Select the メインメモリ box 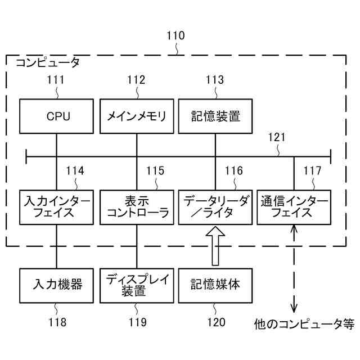coord(137,116)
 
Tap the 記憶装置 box coord(215,116)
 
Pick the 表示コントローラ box coord(137,207)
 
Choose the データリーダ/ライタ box coord(215,207)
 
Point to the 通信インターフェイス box coord(294,207)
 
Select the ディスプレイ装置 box coord(137,285)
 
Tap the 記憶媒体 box coord(215,285)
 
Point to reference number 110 coord(175,36)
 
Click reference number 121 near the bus coord(277,137)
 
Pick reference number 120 coord(215,322)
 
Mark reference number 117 coord(312,171)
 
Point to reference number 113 coord(214,80)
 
